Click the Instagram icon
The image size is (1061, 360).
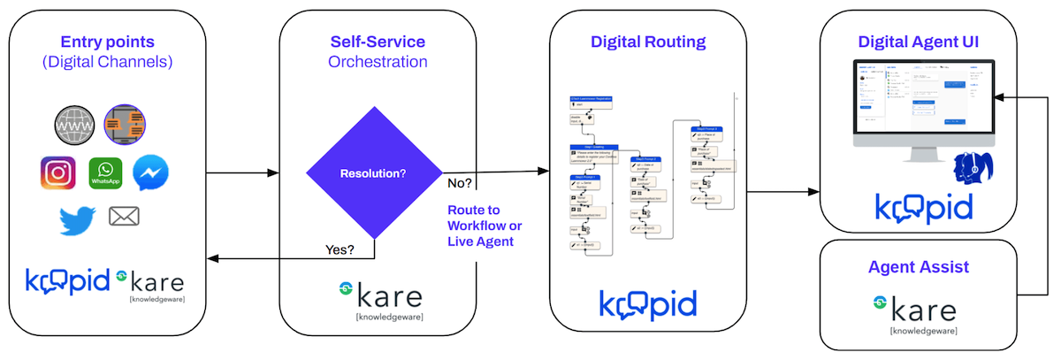pos(58,173)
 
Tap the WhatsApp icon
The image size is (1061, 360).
pos(105,173)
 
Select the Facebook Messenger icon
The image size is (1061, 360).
pos(150,173)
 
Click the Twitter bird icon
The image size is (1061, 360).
pos(78,218)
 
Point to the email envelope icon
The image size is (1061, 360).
pos(123,216)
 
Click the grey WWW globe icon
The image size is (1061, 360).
pos(73,126)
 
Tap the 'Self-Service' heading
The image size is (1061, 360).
pos(378,42)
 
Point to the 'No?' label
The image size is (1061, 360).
pos(460,183)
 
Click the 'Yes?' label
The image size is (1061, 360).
pos(340,249)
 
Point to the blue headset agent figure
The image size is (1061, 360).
pos(977,168)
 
